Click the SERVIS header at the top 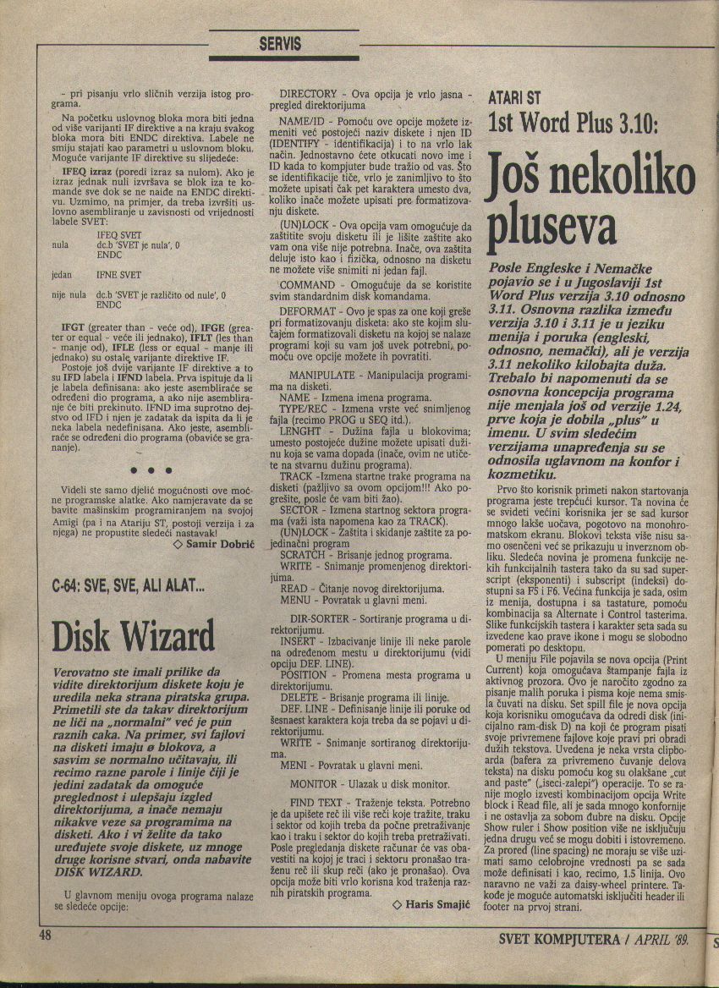click(280, 43)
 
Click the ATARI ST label click(516, 98)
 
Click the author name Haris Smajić click(430, 904)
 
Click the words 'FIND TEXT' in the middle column click(318, 802)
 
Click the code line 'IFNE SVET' click(119, 275)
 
